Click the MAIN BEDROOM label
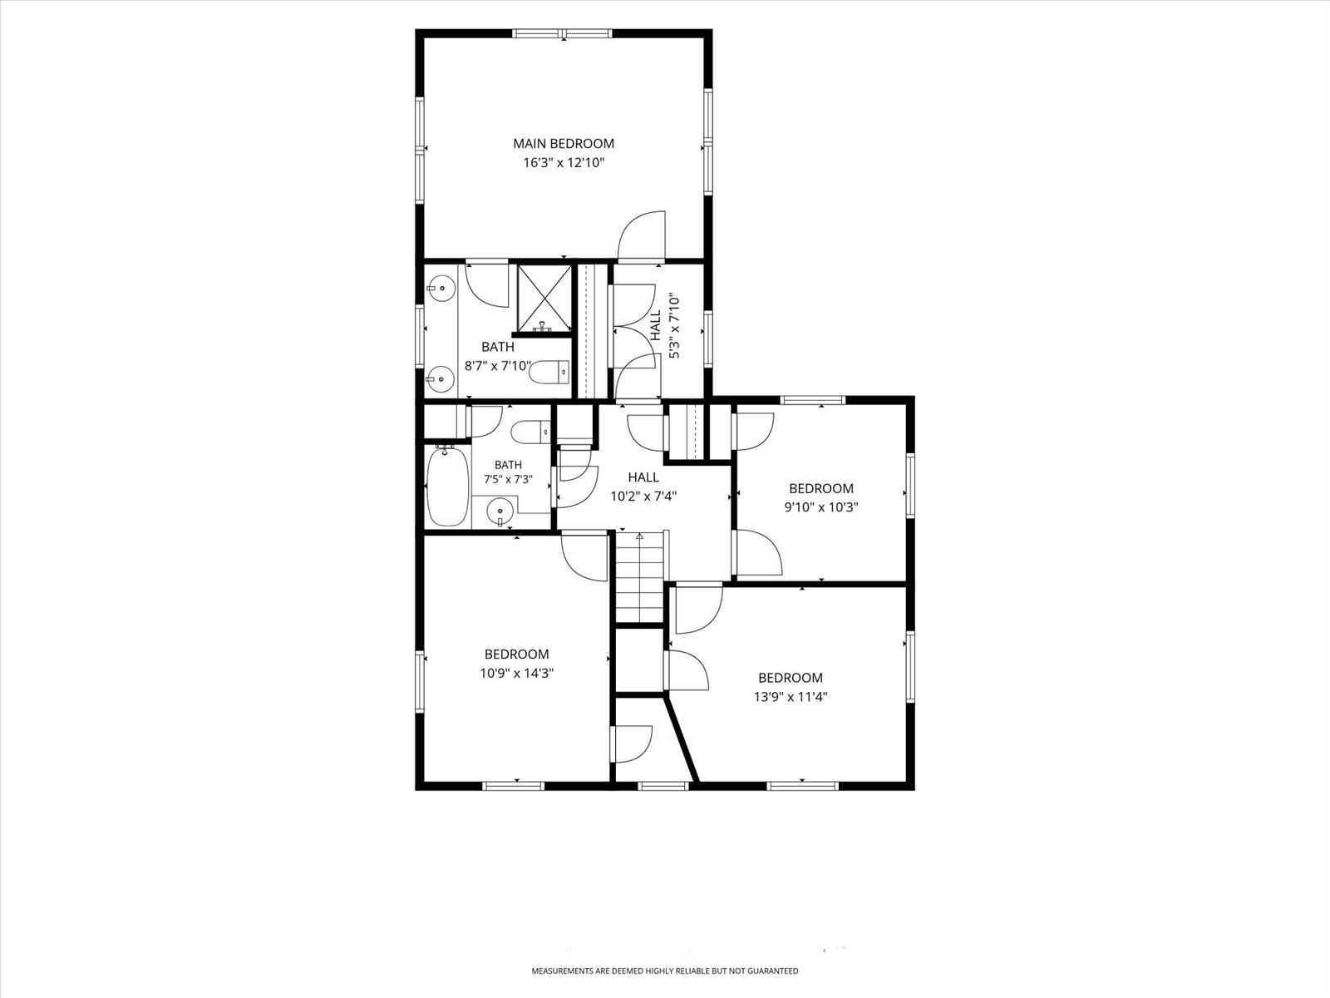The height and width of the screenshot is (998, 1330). (564, 144)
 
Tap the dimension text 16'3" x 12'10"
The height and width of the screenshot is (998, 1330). (564, 163)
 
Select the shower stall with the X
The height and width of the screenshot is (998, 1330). (544, 298)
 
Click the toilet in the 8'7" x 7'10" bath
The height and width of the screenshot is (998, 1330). (549, 372)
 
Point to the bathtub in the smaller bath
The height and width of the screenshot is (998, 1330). (447, 487)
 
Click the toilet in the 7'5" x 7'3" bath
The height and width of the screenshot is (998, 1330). (530, 432)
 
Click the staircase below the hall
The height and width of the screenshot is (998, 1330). (640, 576)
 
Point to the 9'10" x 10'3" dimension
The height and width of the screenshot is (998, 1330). (821, 507)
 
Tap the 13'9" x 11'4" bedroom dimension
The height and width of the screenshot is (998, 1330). (791, 697)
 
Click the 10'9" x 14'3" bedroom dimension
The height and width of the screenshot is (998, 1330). (517, 673)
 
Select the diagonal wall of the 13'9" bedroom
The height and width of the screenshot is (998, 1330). (682, 739)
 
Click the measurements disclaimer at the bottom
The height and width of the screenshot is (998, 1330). (665, 971)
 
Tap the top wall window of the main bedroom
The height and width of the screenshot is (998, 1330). (563, 34)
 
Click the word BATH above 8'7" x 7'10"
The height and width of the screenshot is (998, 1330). (497, 347)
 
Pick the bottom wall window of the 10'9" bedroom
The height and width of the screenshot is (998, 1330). (513, 786)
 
